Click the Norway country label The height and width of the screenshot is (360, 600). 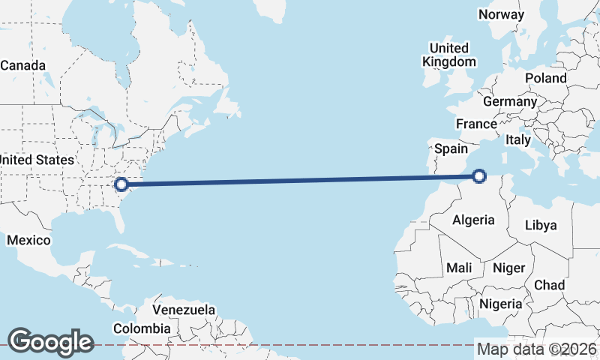(x=502, y=14)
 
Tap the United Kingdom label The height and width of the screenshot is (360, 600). (x=449, y=55)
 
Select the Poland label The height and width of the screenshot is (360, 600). (x=546, y=78)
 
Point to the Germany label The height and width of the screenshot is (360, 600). (x=510, y=101)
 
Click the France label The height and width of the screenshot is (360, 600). (x=476, y=124)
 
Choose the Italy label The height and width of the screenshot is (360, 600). (x=518, y=139)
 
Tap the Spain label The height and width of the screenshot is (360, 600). (x=452, y=148)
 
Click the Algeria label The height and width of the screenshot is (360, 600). (x=474, y=220)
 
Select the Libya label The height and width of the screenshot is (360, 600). (x=541, y=225)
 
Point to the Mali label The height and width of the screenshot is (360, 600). (x=459, y=267)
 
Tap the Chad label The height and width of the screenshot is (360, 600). (x=549, y=286)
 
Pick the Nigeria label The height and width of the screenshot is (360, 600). (x=500, y=304)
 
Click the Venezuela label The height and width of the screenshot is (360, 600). (x=184, y=310)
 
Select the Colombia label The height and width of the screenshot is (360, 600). (x=142, y=328)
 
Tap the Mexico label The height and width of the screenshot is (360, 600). (x=28, y=240)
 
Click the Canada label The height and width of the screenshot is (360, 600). (x=22, y=65)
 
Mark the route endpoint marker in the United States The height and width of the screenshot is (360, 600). (x=120, y=184)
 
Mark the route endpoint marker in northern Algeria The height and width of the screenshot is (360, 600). (x=479, y=177)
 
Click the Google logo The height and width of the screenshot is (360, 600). (x=50, y=342)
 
